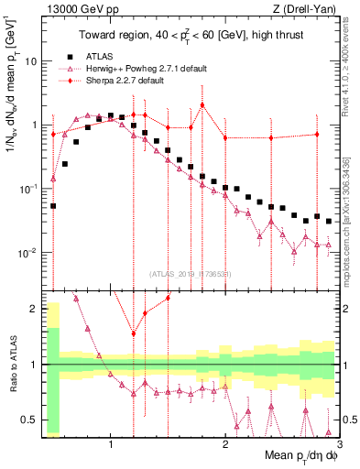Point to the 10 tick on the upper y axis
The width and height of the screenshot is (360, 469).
34,61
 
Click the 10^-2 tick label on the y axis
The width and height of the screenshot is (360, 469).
29,252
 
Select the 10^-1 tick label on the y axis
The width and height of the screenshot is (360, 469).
29,189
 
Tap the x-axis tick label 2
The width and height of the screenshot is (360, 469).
225,445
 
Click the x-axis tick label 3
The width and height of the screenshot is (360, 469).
339,445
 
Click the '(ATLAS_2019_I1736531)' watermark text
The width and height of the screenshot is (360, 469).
189,274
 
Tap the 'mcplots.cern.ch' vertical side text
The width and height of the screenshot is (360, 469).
352,215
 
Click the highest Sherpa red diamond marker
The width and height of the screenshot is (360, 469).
202,104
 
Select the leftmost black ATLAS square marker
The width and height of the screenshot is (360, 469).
53,206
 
